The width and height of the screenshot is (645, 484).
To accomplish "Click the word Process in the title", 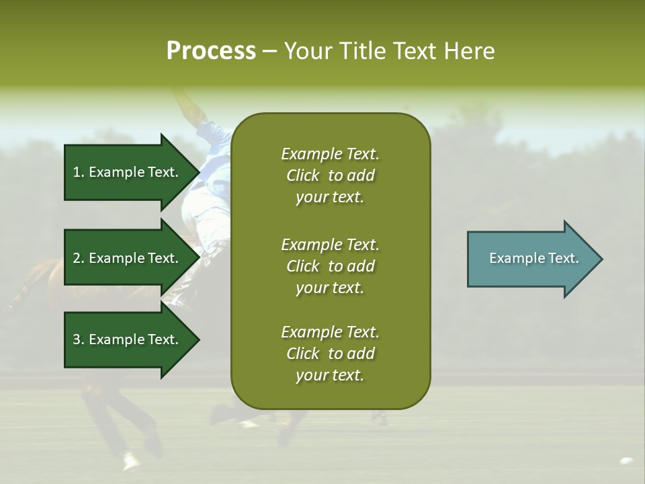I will pyautogui.click(x=211, y=51).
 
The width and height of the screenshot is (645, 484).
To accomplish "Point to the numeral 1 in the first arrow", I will pyautogui.click(x=77, y=172).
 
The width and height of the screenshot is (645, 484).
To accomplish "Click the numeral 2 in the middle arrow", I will pyautogui.click(x=77, y=258).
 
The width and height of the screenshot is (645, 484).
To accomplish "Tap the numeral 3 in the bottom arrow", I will pyautogui.click(x=77, y=339).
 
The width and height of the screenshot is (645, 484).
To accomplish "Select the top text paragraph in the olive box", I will pyautogui.click(x=330, y=175).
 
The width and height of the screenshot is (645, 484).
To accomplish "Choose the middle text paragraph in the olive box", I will pyautogui.click(x=330, y=266).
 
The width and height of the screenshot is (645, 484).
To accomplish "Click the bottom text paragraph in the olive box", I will pyautogui.click(x=330, y=354).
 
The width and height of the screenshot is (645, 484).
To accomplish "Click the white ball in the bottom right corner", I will pyautogui.click(x=626, y=461).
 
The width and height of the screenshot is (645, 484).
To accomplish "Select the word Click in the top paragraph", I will pyautogui.click(x=303, y=175).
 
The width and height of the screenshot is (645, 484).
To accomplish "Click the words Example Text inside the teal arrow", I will pyautogui.click(x=534, y=258).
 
